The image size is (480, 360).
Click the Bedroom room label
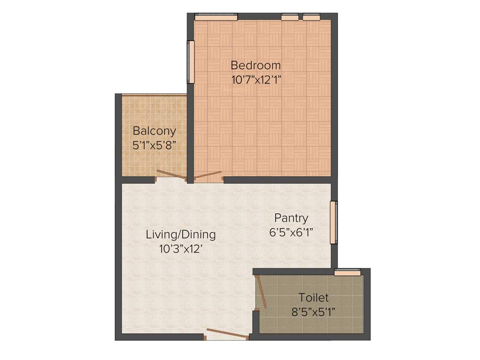255,65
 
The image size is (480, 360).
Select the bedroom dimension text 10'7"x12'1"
255,79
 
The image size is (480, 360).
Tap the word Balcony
154,131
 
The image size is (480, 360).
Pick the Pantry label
291,218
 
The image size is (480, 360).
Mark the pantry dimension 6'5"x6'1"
291,232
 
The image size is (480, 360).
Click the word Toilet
314,298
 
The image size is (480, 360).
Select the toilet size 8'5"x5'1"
314,312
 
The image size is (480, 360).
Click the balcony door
171,175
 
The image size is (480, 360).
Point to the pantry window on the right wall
333,222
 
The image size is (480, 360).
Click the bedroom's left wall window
191,62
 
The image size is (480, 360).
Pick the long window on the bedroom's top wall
216,17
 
